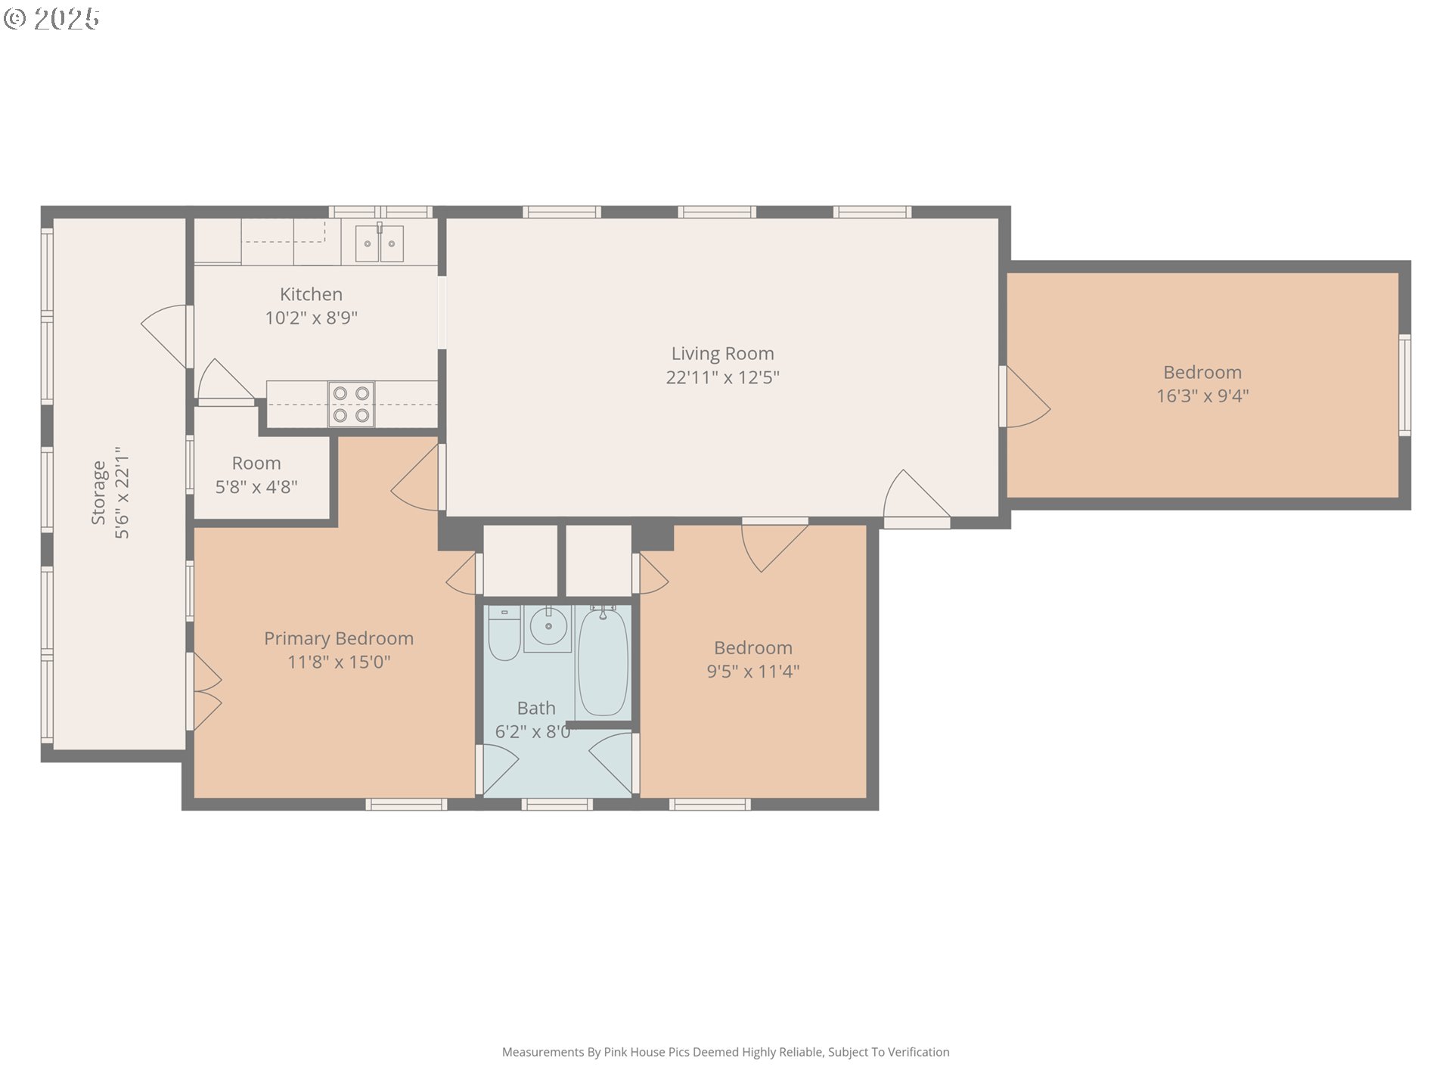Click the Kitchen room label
tap(311, 294)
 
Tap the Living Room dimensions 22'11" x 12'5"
tap(722, 377)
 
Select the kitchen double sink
tap(379, 243)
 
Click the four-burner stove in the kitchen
tap(351, 404)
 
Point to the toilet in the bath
tap(504, 633)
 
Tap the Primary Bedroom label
tap(339, 638)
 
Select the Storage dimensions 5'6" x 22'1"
tap(122, 492)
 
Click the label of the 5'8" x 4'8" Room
tap(256, 463)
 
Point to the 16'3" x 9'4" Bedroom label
tap(1202, 372)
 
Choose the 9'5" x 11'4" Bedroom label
tap(753, 648)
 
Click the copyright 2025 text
tap(51, 19)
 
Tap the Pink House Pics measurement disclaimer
tap(726, 1052)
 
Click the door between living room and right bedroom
tap(1025, 397)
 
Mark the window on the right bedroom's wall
tap(1404, 385)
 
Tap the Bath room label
tap(536, 708)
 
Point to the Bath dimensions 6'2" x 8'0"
tap(534, 732)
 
